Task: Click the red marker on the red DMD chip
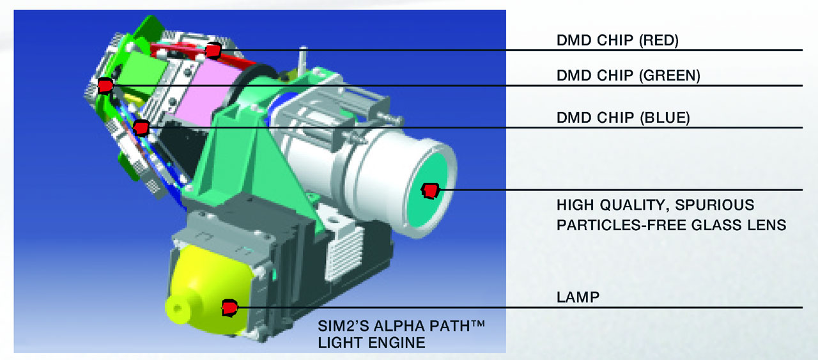[213, 51]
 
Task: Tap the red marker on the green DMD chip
[105, 86]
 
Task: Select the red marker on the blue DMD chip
[141, 128]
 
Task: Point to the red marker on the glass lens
[430, 191]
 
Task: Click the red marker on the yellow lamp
[229, 308]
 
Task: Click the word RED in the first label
[658, 40]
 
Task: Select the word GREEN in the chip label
[669, 75]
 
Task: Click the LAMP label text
[578, 297]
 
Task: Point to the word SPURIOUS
[714, 205]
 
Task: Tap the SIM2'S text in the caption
[342, 325]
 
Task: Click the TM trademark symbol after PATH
[477, 323]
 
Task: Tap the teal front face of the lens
[429, 190]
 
